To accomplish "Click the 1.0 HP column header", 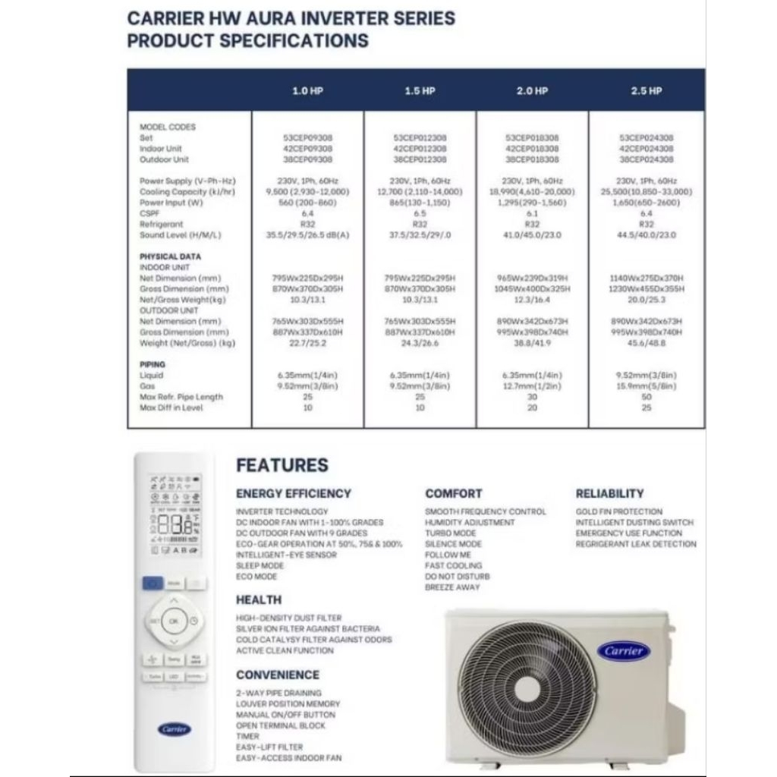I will click(307, 91).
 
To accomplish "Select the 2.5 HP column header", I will click(646, 91).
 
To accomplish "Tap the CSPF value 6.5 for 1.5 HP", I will click(420, 214).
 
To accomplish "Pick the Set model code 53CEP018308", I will click(532, 138).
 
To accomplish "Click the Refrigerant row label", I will click(161, 225).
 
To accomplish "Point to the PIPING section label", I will click(153, 364).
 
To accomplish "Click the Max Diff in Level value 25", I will click(646, 407).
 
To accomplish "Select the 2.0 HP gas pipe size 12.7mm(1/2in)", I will click(532, 386).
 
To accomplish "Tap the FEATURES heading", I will click(282, 465).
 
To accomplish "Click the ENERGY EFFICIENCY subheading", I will click(293, 493).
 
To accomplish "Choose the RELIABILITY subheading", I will click(609, 493).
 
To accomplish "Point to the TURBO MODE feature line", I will click(451, 533).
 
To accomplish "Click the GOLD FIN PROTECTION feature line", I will click(618, 512).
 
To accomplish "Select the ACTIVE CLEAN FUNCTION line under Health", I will click(285, 650).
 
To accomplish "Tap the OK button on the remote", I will click(174, 621).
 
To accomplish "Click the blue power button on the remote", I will click(151, 584).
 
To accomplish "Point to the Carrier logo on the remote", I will click(175, 729).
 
